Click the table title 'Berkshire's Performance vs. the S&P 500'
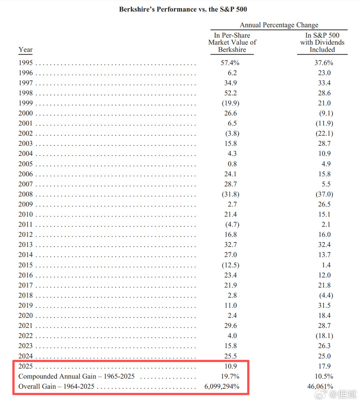[183, 9]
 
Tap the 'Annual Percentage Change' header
[279, 25]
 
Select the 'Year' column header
[25, 50]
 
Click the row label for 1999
[26, 103]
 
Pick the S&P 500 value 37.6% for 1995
[324, 63]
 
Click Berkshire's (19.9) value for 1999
[231, 103]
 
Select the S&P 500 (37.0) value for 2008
[324, 194]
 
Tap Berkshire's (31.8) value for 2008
[231, 194]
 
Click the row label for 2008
[26, 194]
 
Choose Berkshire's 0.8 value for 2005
[232, 164]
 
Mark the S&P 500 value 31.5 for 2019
[324, 305]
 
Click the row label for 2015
[26, 265]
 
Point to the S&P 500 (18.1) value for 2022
[324, 336]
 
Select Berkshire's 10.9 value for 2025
[231, 366]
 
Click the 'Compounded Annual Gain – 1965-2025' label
[76, 376]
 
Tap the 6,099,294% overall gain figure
[222, 387]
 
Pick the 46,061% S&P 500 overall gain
[320, 387]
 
